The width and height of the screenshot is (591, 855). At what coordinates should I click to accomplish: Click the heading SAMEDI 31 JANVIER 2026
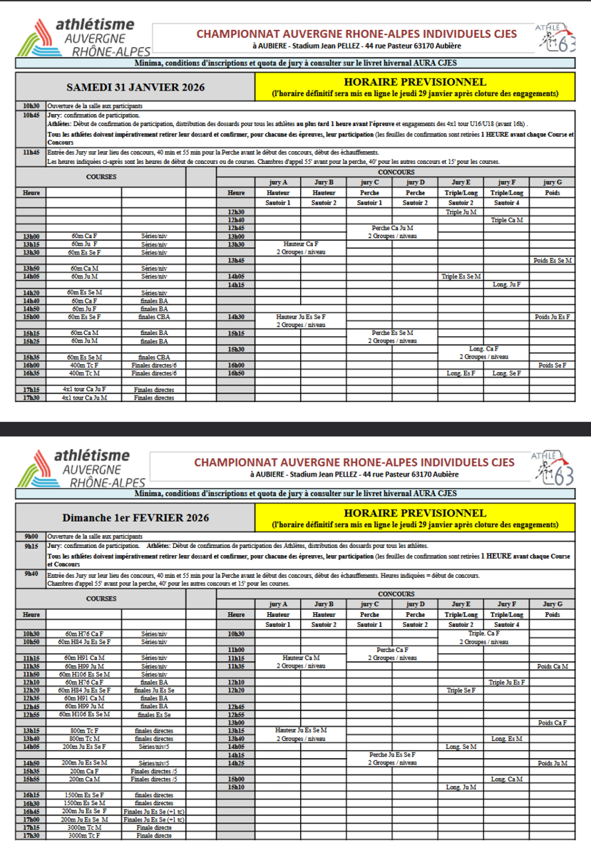135,88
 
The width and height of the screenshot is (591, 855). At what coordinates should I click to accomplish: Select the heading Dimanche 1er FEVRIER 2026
135,518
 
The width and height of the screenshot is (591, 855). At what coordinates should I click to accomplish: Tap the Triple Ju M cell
461,212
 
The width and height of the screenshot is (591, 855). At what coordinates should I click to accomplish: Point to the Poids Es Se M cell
552,260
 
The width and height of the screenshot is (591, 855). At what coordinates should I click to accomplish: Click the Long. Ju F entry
506,284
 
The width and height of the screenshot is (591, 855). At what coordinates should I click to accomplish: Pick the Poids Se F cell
552,365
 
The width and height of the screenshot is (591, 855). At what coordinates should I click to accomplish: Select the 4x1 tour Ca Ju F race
83,390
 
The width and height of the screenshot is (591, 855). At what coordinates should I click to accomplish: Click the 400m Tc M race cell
83,373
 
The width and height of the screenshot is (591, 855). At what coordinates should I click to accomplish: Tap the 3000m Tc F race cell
83,836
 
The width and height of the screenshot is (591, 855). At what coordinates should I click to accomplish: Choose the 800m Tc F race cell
83,731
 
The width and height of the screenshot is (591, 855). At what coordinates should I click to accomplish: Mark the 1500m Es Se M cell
83,803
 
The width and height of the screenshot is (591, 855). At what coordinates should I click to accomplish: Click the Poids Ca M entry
552,666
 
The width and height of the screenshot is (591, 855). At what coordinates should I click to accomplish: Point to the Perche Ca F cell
392,650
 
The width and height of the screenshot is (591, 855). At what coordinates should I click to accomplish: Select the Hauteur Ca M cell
301,658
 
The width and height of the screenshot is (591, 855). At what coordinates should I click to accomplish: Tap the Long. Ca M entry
506,779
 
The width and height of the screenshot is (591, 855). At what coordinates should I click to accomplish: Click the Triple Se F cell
461,690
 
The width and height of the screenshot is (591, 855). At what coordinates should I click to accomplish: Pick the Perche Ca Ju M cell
392,228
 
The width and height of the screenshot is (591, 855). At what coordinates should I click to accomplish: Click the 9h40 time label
31,573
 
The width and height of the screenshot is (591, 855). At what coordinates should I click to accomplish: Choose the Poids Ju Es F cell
552,316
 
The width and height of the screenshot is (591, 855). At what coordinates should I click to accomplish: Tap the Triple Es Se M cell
461,276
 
